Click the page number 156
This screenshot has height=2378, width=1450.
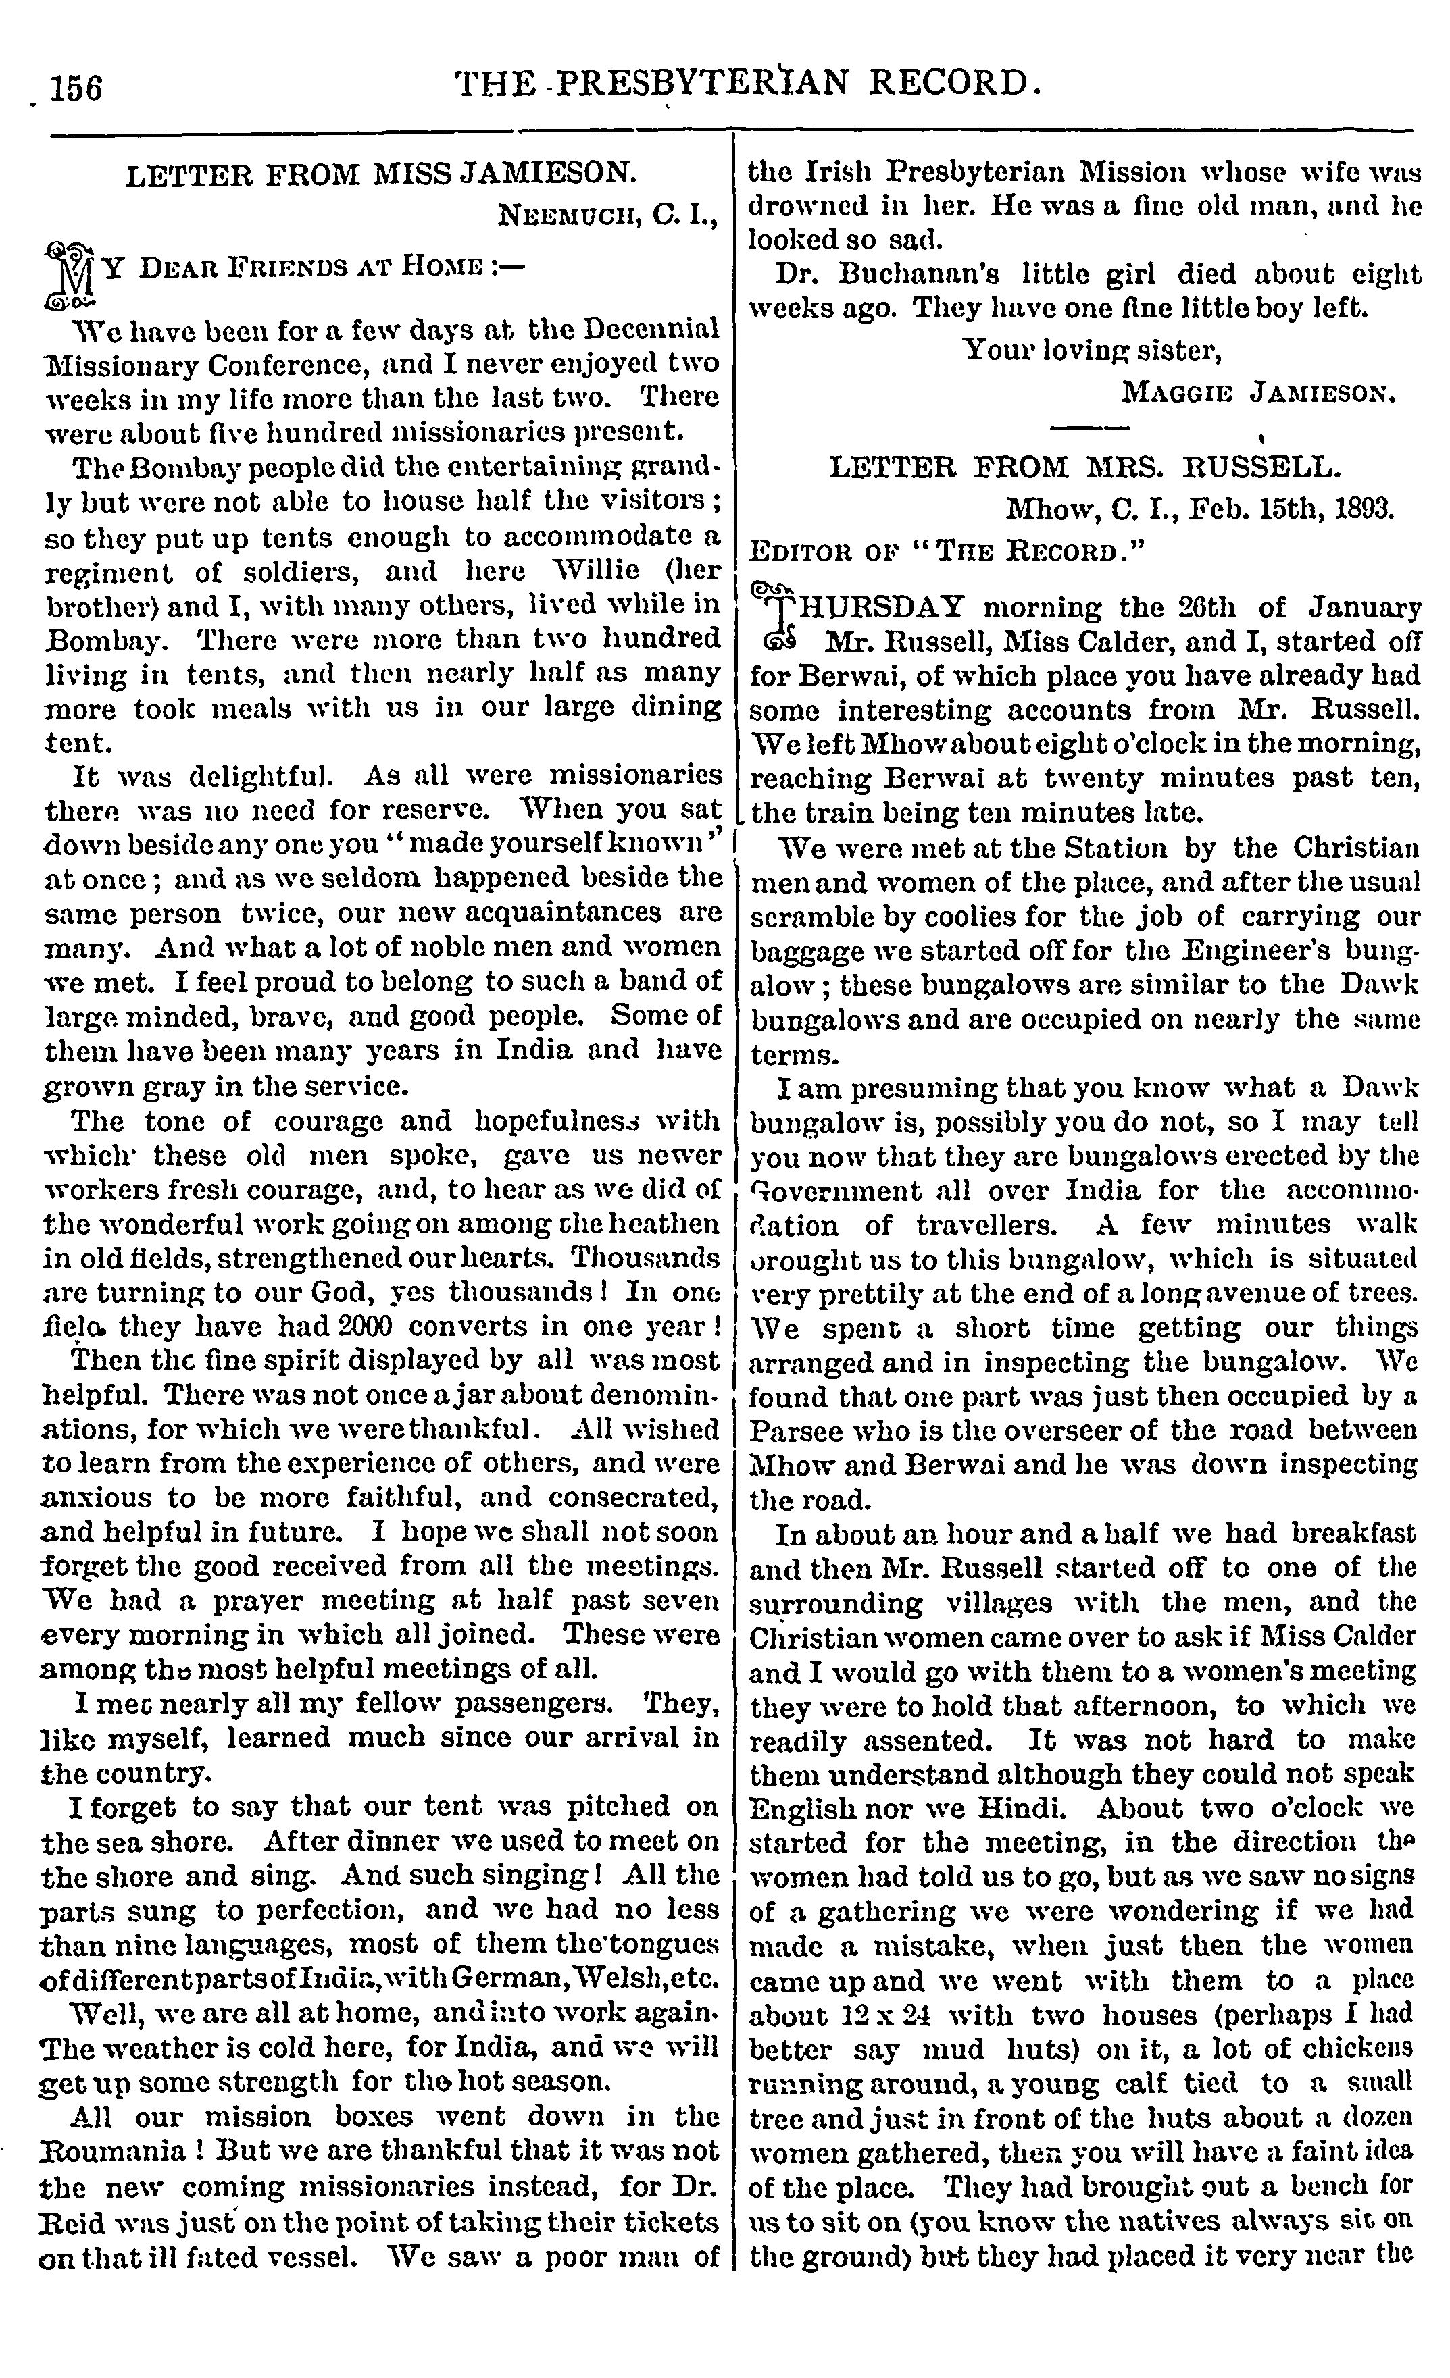76,88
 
